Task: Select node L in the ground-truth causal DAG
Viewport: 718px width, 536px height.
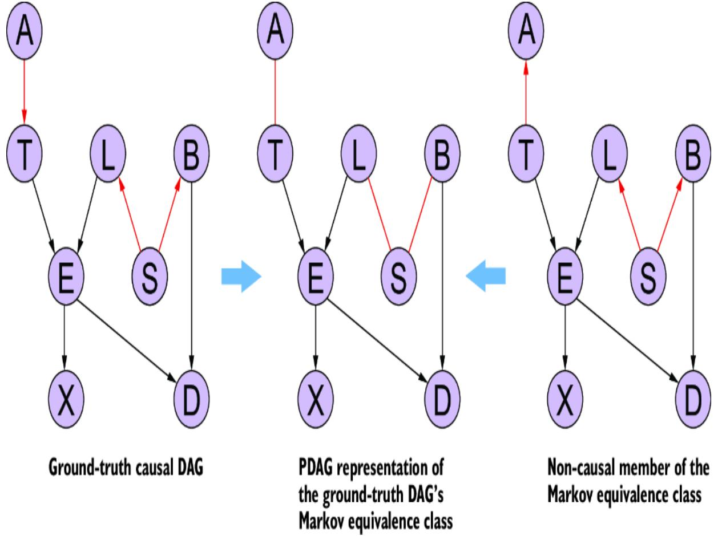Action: (108, 155)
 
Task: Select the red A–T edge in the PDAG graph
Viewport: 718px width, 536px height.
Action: (275, 91)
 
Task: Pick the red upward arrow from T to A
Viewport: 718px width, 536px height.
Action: (525, 91)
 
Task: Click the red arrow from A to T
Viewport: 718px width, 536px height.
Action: (24, 91)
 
